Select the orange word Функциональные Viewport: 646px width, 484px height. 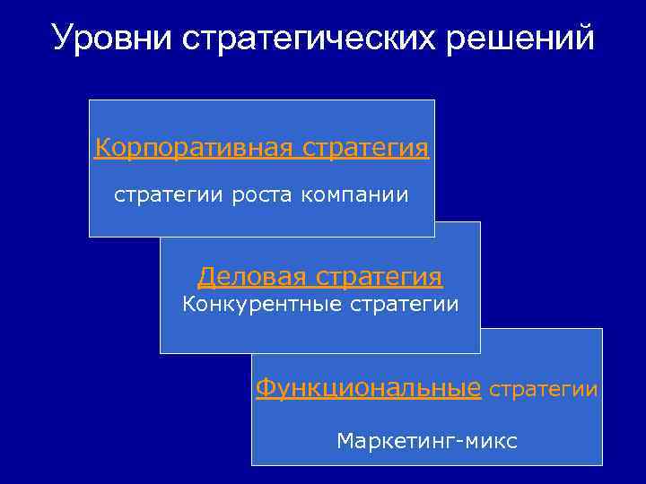point(369,388)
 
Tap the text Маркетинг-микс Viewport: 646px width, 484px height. point(427,441)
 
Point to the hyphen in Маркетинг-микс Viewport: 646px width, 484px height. point(463,442)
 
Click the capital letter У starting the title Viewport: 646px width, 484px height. point(63,39)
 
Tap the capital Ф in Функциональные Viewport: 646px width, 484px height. point(266,388)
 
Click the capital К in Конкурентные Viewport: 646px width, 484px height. point(188,305)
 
